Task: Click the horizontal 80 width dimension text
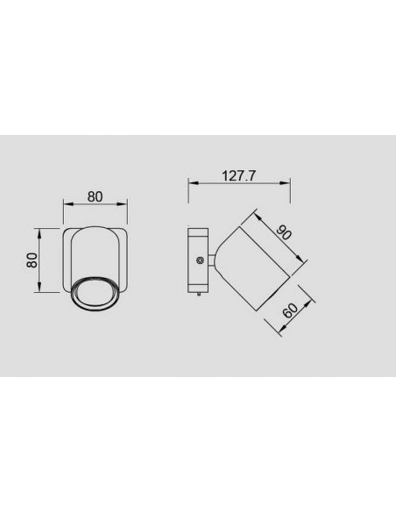click(x=95, y=196)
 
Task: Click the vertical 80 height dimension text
click(x=30, y=260)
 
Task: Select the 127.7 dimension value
click(x=238, y=175)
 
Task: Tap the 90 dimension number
click(x=284, y=232)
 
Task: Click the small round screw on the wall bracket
click(x=202, y=261)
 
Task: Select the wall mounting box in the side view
click(x=198, y=260)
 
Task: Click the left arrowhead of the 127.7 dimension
click(x=191, y=183)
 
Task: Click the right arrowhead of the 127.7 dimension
click(x=287, y=183)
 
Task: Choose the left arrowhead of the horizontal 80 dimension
click(x=66, y=205)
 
